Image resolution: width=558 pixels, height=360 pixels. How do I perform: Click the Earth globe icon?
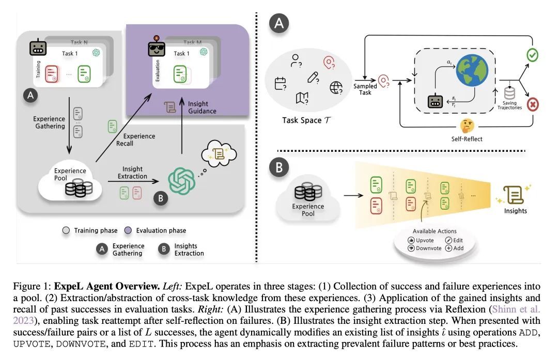point(471,72)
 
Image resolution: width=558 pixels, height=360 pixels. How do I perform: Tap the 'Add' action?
point(455,248)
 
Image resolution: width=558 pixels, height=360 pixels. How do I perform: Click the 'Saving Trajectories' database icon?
point(509,95)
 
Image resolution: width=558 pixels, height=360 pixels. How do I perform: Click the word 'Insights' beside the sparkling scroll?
point(516,211)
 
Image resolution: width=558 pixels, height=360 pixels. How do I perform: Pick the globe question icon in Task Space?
point(336,87)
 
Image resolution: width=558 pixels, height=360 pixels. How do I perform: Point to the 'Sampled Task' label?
point(365,89)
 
